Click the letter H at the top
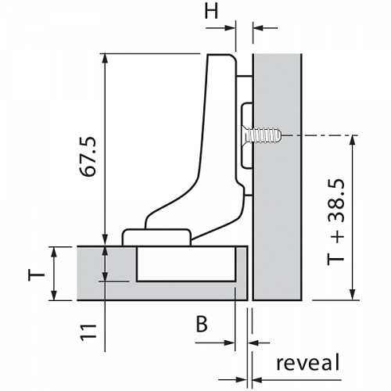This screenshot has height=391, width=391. pyautogui.click(x=211, y=12)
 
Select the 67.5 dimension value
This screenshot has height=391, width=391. pyautogui.click(x=88, y=157)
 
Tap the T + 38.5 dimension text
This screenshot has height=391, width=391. pyautogui.click(x=336, y=222)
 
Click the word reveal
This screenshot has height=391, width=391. pyautogui.click(x=308, y=362)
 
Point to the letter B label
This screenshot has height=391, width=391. pyautogui.click(x=202, y=324)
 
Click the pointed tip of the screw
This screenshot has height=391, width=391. pyautogui.click(x=281, y=135)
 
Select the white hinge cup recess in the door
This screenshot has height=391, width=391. pyautogui.click(x=186, y=264)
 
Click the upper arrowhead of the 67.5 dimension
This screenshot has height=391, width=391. pyautogui.click(x=105, y=59)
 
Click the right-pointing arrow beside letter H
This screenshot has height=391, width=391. pyautogui.click(x=221, y=28)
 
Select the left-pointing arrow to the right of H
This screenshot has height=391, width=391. pyautogui.click(x=265, y=27)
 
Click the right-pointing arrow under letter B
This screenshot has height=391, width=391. pyautogui.click(x=215, y=343)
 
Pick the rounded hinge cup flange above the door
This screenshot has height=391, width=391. pyautogui.click(x=156, y=237)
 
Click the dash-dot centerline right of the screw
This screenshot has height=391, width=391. pyautogui.click(x=320, y=135)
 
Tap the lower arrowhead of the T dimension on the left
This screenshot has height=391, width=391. pyautogui.click(x=54, y=296)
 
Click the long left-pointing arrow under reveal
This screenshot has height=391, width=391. pyautogui.click(x=296, y=380)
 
